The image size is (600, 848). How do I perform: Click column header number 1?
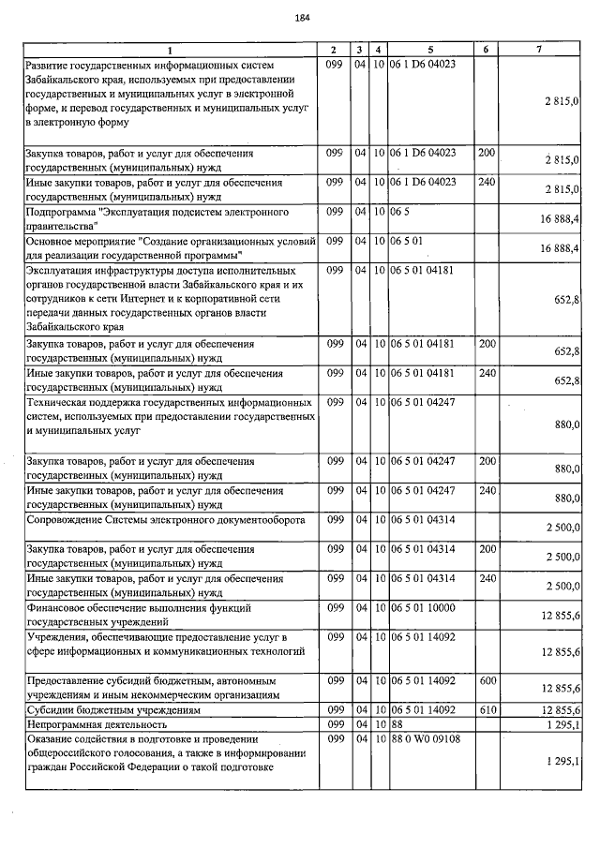tap(171, 49)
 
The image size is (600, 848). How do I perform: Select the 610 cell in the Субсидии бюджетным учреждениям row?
tap(487, 710)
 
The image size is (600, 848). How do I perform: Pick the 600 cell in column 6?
tap(487, 678)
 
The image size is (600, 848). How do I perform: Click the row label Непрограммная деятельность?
tap(97, 725)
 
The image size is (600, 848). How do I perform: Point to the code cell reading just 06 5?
tap(402, 212)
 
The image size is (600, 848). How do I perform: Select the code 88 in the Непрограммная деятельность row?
tap(397, 725)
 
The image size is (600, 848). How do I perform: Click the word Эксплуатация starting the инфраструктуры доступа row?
tap(65, 270)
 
